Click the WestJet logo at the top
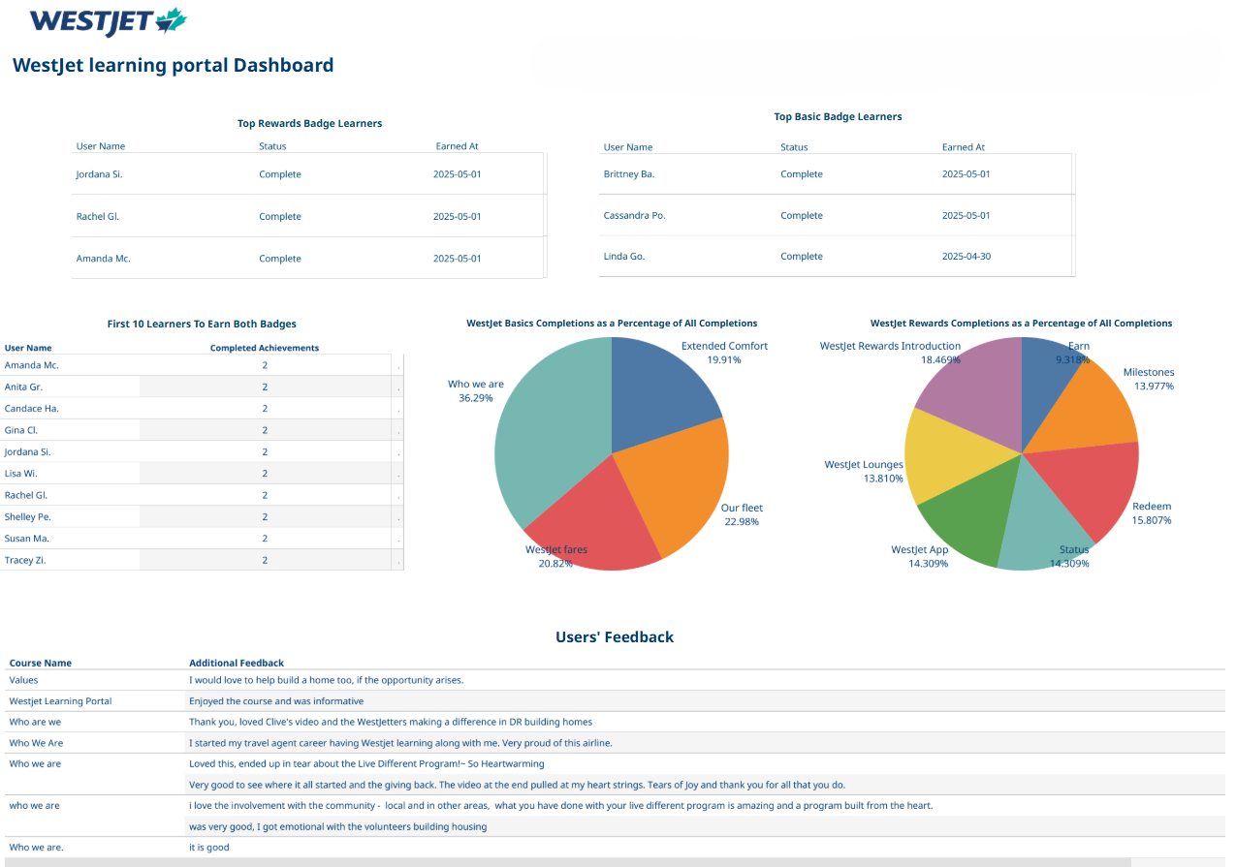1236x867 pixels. [109, 22]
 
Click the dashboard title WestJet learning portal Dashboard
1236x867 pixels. [174, 65]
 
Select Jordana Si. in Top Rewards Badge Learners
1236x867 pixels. [99, 174]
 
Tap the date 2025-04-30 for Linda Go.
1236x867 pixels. [967, 256]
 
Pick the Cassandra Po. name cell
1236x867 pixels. [635, 215]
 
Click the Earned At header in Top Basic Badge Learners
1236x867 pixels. [964, 147]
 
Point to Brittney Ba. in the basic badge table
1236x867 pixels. [629, 173]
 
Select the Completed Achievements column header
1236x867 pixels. [265, 348]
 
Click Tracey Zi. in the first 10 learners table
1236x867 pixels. [25, 560]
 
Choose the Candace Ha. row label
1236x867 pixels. [31, 409]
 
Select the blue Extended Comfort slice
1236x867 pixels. [659, 397]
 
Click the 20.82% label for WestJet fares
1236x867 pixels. [555, 564]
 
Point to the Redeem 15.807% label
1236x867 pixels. [1152, 513]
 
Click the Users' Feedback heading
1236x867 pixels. [615, 637]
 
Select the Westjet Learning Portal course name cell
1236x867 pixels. [61, 701]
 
